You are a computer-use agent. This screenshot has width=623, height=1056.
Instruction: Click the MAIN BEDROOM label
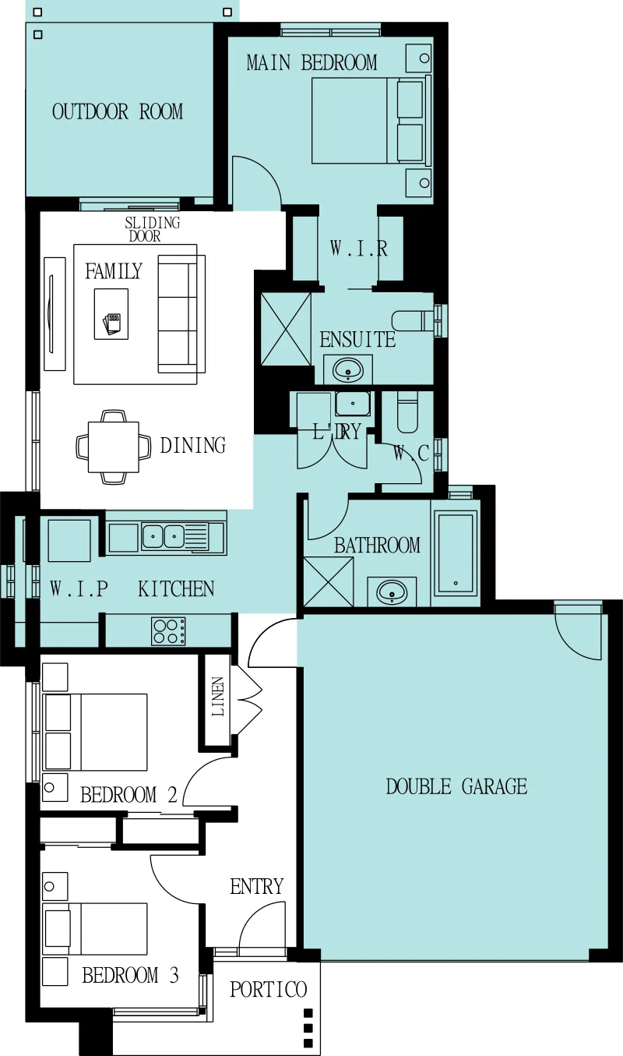click(x=311, y=62)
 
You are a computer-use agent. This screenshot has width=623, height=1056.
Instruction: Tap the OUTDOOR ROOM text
click(x=118, y=111)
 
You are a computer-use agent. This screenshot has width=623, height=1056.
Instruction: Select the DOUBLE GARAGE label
click(x=456, y=786)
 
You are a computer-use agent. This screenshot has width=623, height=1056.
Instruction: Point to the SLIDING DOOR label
click(x=152, y=229)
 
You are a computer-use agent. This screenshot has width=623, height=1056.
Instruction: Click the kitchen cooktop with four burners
click(x=168, y=631)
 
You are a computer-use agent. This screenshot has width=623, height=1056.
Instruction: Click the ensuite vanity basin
click(x=348, y=369)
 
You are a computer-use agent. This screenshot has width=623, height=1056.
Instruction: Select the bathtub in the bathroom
click(x=456, y=553)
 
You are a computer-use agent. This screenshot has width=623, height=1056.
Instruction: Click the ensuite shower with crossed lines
click(x=286, y=329)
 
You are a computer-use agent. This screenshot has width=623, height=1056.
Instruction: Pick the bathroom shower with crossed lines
click(x=328, y=581)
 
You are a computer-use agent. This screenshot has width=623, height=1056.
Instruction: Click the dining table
click(x=114, y=447)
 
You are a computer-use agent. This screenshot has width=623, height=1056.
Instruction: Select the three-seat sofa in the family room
click(x=181, y=314)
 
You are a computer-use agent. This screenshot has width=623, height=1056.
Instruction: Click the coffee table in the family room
click(x=111, y=314)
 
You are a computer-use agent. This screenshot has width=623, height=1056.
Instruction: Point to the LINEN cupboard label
click(x=217, y=697)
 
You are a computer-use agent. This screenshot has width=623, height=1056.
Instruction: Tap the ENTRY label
click(x=257, y=887)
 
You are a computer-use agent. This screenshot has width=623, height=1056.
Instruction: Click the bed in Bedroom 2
click(x=95, y=732)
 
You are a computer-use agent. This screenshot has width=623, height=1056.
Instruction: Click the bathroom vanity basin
click(x=392, y=592)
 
